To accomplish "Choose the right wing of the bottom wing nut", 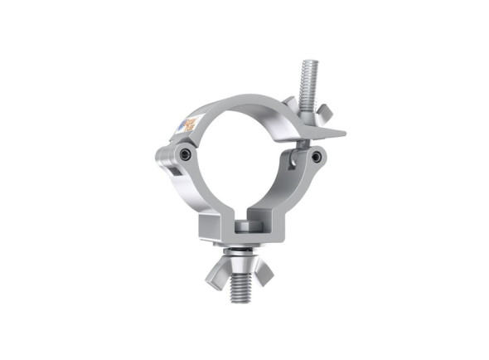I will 264,270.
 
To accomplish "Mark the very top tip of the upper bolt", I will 309,61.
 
